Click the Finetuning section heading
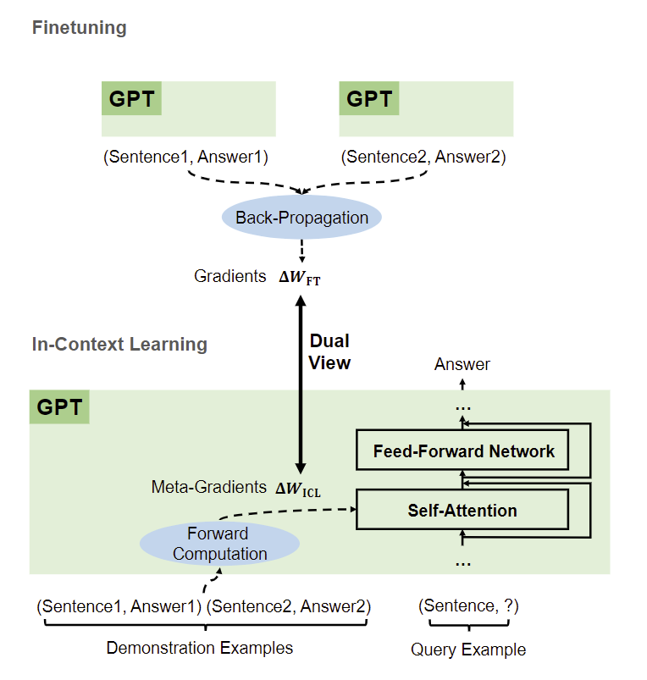(x=79, y=28)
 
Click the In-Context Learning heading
(x=119, y=345)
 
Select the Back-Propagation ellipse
(x=301, y=218)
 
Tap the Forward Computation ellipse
(x=219, y=544)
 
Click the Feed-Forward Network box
(x=463, y=451)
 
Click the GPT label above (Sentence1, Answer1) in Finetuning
(x=132, y=99)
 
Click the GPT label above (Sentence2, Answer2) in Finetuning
(x=369, y=99)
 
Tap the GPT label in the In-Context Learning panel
(x=60, y=408)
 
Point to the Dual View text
(x=329, y=351)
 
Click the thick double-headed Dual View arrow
(x=299, y=381)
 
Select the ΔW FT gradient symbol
(x=300, y=277)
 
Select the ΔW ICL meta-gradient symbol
(x=298, y=488)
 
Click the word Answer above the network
(x=462, y=364)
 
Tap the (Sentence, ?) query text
(x=468, y=605)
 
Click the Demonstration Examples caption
(x=200, y=648)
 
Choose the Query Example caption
(x=468, y=650)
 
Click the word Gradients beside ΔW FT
(x=230, y=276)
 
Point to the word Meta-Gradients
(x=208, y=487)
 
